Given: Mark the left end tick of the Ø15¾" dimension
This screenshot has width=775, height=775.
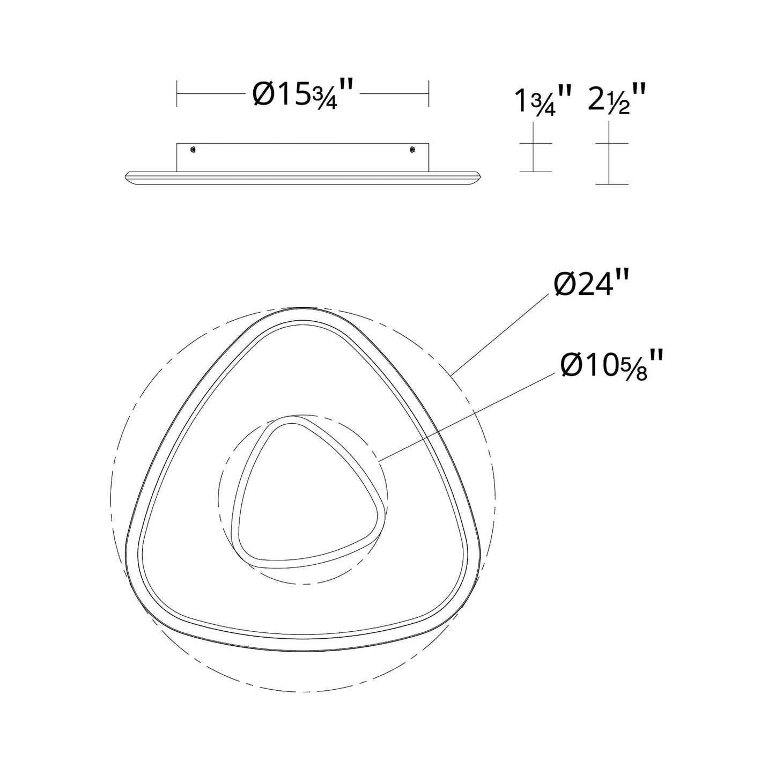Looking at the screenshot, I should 177,93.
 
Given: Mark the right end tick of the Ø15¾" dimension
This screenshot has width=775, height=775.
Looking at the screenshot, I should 428,93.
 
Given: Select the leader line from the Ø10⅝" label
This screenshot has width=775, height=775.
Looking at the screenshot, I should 467,416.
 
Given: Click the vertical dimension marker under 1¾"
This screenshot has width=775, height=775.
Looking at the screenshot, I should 535,147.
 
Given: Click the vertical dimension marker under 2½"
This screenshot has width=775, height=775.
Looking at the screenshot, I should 611,153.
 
